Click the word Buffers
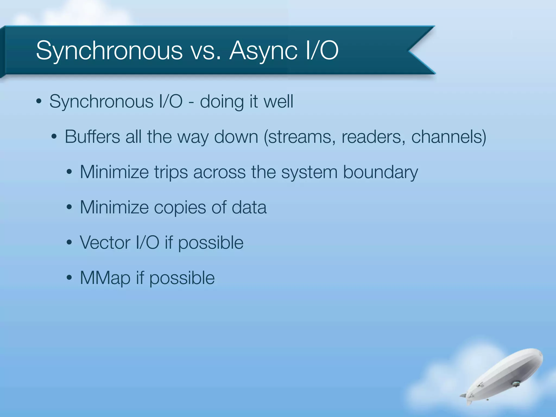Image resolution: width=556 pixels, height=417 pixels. point(92,137)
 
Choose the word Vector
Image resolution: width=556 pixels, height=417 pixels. point(105,242)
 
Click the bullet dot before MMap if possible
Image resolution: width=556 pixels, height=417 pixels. point(69,278)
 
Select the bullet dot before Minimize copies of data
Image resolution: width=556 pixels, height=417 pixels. point(69,207)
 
